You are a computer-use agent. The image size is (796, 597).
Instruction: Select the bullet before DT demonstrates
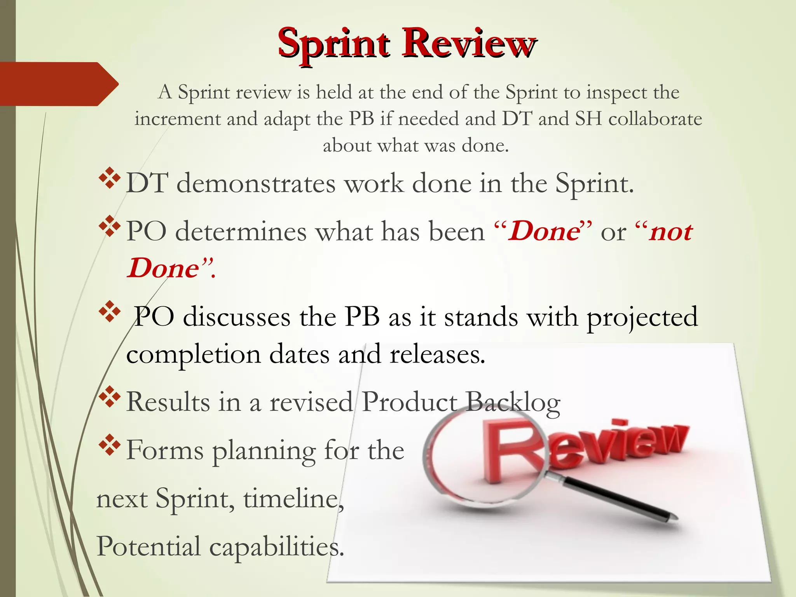110,178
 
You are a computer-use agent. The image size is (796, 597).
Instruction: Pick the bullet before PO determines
110,226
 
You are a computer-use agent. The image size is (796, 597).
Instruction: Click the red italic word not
671,232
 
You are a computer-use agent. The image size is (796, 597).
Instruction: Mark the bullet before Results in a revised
110,397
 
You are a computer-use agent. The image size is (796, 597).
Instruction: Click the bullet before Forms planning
110,445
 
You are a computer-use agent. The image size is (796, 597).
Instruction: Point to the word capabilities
277,547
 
